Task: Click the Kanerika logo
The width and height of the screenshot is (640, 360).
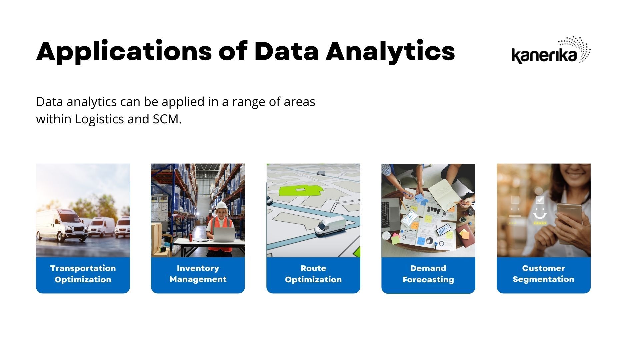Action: click(551, 50)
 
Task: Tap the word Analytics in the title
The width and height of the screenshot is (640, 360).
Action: click(390, 52)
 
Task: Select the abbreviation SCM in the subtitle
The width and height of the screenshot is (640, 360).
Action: click(167, 119)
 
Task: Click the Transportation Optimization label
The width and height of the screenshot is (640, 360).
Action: click(83, 274)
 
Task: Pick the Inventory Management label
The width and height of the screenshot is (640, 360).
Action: click(198, 274)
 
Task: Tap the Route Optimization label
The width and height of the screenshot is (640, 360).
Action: click(313, 274)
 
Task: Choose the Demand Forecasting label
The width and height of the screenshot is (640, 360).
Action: click(428, 274)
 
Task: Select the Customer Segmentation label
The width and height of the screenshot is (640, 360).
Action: click(544, 274)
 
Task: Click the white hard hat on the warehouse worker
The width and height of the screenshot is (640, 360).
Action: click(221, 205)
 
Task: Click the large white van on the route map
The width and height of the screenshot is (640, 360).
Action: click(330, 226)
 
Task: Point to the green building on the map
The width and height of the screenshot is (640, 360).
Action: click(300, 190)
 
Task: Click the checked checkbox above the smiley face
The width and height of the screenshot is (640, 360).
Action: click(540, 199)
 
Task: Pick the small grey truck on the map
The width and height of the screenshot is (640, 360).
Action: click(321, 173)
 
